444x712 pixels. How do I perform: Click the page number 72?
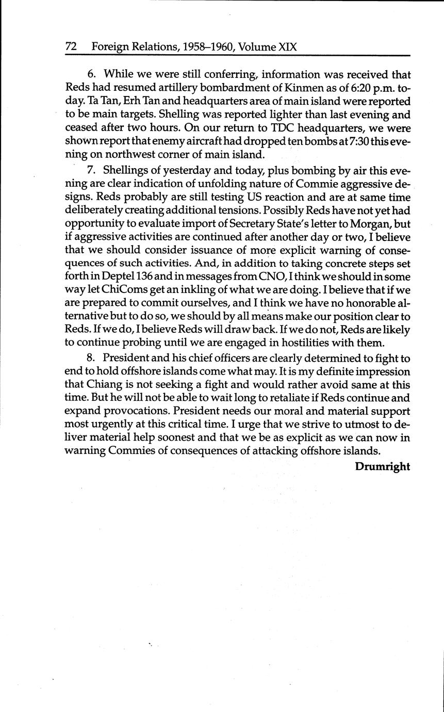tap(71, 47)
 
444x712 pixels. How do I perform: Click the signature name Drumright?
tap(382, 467)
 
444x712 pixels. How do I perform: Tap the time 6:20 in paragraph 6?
tap(351, 88)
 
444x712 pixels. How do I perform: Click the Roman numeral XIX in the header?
tap(287, 47)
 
